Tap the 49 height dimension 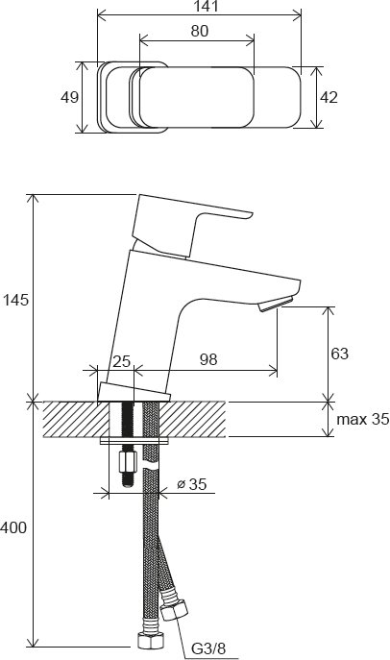tap(69, 99)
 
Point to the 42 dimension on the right tap(329, 99)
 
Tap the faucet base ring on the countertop tap(134, 392)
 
